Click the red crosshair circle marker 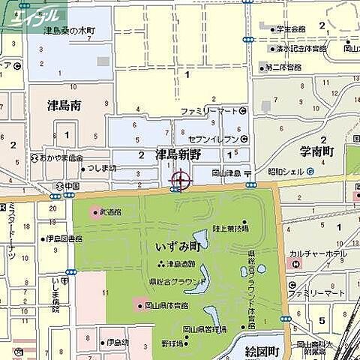click(x=181, y=180)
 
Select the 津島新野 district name click(x=178, y=154)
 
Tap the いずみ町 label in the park click(x=178, y=244)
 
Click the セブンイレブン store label click(x=213, y=139)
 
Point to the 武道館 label click(x=112, y=211)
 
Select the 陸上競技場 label click(x=230, y=226)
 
